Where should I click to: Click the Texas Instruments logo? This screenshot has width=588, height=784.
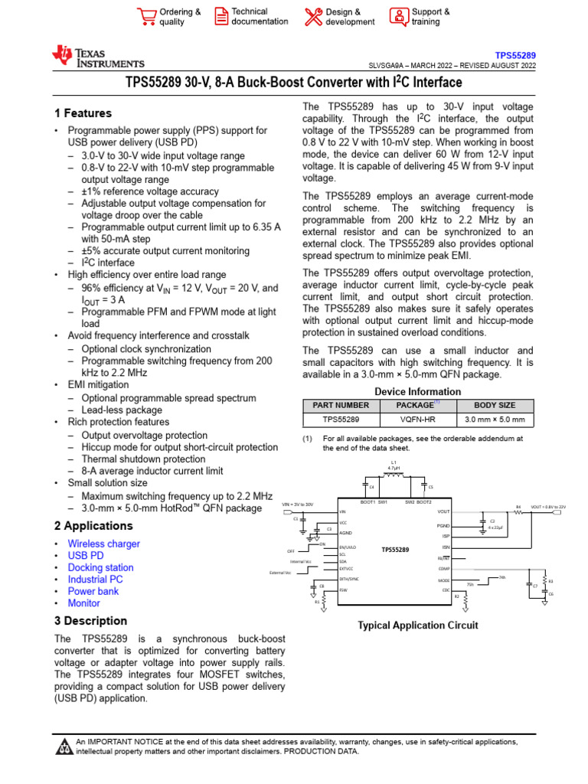click(97, 57)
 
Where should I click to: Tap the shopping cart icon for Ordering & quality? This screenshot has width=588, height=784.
click(145, 17)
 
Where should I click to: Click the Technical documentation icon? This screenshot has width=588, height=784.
click(220, 17)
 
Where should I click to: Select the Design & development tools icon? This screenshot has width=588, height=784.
click(313, 17)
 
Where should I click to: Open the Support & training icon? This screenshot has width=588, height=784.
click(398, 17)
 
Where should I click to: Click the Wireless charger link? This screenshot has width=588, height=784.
click(103, 544)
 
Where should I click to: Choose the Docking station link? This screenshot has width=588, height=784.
click(100, 567)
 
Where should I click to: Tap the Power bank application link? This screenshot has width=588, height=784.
click(93, 591)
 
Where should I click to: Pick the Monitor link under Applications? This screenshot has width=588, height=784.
click(83, 603)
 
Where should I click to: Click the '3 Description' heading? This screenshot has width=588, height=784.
click(90, 621)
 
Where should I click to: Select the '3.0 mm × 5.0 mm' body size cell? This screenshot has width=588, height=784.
click(495, 420)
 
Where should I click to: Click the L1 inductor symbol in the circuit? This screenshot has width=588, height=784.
click(394, 475)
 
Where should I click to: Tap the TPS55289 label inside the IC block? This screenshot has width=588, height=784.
click(395, 550)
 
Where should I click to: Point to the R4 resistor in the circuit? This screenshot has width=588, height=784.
click(518, 512)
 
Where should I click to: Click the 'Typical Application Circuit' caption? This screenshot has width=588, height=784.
click(418, 626)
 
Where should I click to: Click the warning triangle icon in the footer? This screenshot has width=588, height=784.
click(64, 746)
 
